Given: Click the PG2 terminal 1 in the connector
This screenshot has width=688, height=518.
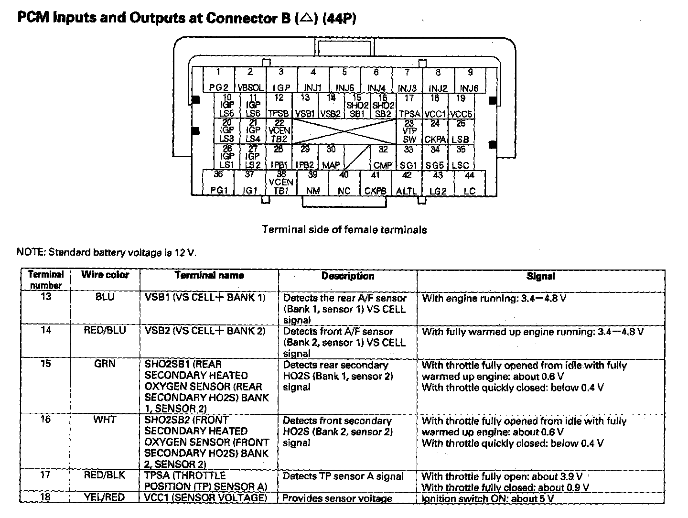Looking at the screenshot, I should click(x=219, y=80).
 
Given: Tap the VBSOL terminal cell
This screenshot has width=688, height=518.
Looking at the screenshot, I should click(x=250, y=80).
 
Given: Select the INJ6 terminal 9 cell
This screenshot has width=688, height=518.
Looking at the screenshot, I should click(x=470, y=80).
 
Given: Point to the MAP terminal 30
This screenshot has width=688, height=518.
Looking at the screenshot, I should click(x=331, y=157).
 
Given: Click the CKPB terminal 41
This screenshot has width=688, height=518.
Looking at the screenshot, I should click(x=376, y=183).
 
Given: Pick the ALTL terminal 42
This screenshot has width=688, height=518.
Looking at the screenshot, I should click(x=407, y=183).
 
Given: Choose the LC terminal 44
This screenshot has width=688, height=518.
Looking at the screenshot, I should click(x=470, y=183).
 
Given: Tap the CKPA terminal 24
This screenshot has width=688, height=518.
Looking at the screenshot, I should click(x=435, y=131).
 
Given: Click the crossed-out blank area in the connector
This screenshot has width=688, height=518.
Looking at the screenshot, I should click(x=344, y=131).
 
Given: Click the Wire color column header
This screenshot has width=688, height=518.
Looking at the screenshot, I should click(x=105, y=275).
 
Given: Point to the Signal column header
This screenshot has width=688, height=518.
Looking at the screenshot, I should click(x=541, y=276).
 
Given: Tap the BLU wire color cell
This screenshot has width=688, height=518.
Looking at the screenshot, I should click(x=105, y=297).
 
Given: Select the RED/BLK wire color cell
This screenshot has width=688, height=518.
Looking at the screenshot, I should click(x=105, y=475).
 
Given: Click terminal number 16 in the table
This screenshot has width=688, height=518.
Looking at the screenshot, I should click(x=45, y=420).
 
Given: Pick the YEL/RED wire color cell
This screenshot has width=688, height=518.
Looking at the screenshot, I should click(x=105, y=497).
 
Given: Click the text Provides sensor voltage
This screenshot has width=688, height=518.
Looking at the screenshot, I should click(x=337, y=498).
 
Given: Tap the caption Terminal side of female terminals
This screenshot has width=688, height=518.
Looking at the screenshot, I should click(x=344, y=230).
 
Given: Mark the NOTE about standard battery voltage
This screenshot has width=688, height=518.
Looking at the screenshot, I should click(x=106, y=252).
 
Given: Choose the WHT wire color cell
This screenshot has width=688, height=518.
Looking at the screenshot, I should click(x=105, y=420).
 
